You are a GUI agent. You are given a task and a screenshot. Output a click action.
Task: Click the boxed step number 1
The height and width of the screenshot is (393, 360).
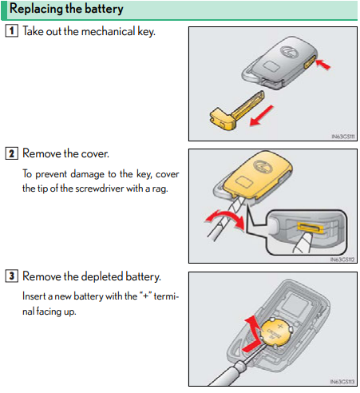point(12,30)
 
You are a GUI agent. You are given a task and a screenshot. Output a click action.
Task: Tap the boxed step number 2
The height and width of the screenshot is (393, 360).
point(12,153)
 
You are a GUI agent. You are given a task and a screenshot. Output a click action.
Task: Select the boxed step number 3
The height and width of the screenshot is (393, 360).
point(12,276)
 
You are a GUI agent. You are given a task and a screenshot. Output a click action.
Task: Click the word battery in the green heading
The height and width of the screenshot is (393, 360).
point(104,9)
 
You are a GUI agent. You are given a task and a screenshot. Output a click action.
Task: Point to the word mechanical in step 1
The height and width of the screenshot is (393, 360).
point(108,31)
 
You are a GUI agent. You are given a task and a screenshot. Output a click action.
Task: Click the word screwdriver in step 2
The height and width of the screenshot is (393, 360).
point(100,189)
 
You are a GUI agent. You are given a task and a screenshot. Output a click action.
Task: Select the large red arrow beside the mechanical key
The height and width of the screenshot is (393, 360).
point(262,115)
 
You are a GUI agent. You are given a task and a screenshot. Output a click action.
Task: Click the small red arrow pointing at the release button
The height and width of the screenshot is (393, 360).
point(322,64)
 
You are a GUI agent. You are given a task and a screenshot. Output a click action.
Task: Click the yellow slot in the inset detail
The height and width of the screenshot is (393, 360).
point(311,227)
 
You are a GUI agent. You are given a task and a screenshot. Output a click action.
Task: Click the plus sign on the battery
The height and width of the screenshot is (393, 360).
point(280,326)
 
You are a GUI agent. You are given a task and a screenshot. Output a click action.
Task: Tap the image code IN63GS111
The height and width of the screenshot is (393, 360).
point(343,137)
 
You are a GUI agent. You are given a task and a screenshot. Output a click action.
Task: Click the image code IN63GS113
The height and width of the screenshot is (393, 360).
point(342,382)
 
